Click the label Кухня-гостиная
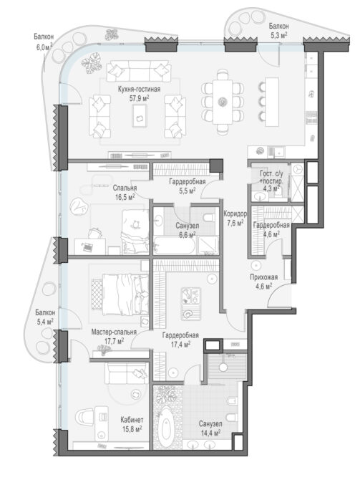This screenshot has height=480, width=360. pyautogui.click(x=139, y=90)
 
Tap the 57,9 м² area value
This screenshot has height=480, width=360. pyautogui.click(x=139, y=98)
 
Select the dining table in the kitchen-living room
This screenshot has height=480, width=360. pyautogui.click(x=223, y=102)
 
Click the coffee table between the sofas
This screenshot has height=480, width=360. pyautogui.click(x=140, y=115)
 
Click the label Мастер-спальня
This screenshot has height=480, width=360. pyautogui.click(x=114, y=332)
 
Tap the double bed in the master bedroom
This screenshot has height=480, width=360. pyautogui.click(x=120, y=294)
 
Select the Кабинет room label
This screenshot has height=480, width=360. pyautogui.click(x=132, y=420)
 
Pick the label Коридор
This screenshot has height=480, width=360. pyautogui.click(x=235, y=213)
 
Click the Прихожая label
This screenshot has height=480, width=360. pyautogui.click(x=263, y=277)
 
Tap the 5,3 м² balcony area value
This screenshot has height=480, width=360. pyautogui.click(x=278, y=35)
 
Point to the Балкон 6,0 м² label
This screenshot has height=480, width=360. pyautogui.click(x=44, y=42)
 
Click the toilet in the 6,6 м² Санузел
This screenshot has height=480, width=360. pyautogui.click(x=208, y=218)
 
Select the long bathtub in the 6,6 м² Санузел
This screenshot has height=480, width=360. pyautogui.click(x=174, y=246)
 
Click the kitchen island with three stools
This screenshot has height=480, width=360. pyautogui.click(x=272, y=102)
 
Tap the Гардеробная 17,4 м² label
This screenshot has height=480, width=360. pyautogui.click(x=180, y=340)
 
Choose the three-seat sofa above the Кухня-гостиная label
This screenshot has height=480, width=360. pyautogui.click(x=137, y=71)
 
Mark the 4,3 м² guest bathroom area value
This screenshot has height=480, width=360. pyautogui.click(x=271, y=188)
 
